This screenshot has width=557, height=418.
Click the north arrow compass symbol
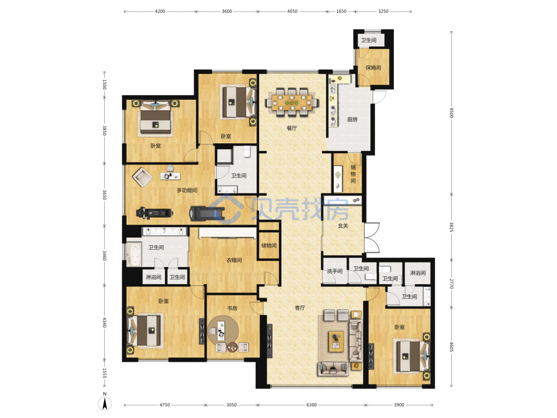pos(105,402)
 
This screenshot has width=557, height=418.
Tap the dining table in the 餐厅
pos(292,103)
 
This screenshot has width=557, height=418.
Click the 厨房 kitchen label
pos(352,119)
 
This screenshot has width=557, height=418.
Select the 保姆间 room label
pos(373,67)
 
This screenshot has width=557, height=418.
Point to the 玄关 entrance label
pos(343,225)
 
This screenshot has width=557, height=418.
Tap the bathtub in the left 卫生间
pos(134,254)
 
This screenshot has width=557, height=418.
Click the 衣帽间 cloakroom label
pos(234,260)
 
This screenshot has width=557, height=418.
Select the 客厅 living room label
pos(300,308)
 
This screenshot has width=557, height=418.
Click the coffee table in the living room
pos(336,341)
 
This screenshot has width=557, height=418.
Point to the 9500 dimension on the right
pos(452,113)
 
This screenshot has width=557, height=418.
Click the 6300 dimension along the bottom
pos(311,405)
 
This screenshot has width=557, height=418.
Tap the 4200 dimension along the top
pos(160,11)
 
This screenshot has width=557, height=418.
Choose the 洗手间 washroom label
pos(335,271)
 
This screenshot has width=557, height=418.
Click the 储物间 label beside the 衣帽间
pos(268,245)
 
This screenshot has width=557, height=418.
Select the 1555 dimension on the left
pos(105,373)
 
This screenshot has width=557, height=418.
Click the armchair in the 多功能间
pos(143,177)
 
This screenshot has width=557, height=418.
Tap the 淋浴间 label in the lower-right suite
pos(418,273)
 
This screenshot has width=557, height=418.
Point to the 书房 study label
pos(232,308)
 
